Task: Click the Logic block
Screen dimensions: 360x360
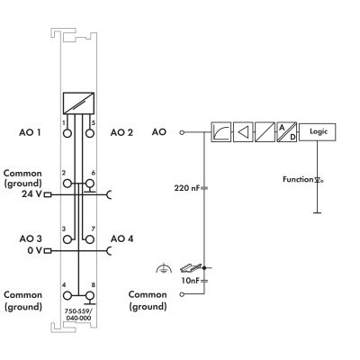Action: click(318, 132)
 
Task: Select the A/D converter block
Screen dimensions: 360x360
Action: click(287, 132)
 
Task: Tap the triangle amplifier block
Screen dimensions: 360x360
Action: click(243, 132)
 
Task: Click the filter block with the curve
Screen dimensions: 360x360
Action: click(221, 132)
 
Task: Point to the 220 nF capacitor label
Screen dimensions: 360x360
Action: click(186, 188)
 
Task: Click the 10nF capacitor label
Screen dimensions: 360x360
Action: click(190, 281)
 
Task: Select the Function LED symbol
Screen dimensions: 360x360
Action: click(319, 180)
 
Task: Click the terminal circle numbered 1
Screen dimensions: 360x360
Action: click(67, 133)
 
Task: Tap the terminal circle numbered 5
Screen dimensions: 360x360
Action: click(90, 133)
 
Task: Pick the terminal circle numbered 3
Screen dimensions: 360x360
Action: click(68, 239)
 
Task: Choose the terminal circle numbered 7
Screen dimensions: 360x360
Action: click(90, 239)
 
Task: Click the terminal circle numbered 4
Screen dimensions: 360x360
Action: click(67, 295)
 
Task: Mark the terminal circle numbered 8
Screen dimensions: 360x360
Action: click(90, 295)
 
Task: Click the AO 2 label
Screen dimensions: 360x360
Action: click(121, 132)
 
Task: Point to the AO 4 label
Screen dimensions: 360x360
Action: click(121, 238)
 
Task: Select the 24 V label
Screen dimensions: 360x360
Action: click(31, 194)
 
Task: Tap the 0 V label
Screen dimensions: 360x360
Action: click(35, 250)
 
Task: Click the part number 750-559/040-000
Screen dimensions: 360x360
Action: click(78, 314)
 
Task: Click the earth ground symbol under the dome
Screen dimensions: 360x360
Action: click(164, 268)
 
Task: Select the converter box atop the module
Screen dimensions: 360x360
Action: click(78, 103)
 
